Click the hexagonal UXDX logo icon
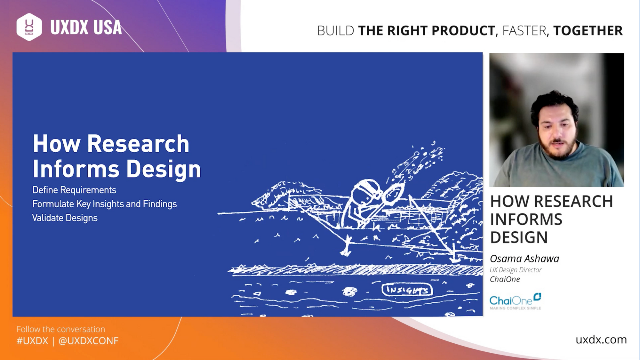pyautogui.click(x=29, y=27)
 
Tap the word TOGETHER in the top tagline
pyautogui.click(x=588, y=31)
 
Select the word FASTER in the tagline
pyautogui.click(x=524, y=31)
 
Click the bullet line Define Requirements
pyautogui.click(x=74, y=190)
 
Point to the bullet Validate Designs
pyautogui.click(x=65, y=218)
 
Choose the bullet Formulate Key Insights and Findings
pyautogui.click(x=104, y=204)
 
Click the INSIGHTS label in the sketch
pyautogui.click(x=407, y=290)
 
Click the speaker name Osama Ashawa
pyautogui.click(x=524, y=259)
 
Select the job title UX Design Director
pyautogui.click(x=516, y=270)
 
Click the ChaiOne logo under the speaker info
pyautogui.click(x=515, y=301)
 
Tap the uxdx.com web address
pyautogui.click(x=601, y=340)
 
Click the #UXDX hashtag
pyautogui.click(x=32, y=341)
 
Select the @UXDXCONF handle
pyautogui.click(x=88, y=341)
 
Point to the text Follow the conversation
pyautogui.click(x=61, y=329)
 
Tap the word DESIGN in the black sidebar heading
pyautogui.click(x=519, y=237)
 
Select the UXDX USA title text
pyautogui.click(x=86, y=27)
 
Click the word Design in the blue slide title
pyautogui.click(x=164, y=169)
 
